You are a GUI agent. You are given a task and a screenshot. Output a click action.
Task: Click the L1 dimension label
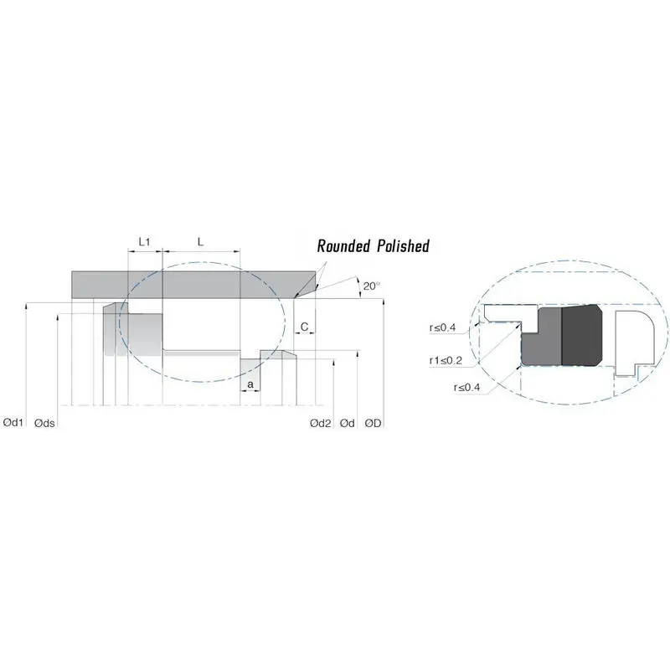coord(143,241)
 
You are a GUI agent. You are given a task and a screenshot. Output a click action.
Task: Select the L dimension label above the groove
coord(199,241)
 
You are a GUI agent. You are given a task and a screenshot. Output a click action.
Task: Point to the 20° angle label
coord(371,286)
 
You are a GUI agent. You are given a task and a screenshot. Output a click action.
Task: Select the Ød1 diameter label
coord(13,424)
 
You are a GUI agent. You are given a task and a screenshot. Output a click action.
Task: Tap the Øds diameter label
coord(45,424)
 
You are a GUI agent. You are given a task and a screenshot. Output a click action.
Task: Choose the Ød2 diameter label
coord(320,424)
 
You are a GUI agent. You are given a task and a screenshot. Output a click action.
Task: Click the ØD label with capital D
coord(373,424)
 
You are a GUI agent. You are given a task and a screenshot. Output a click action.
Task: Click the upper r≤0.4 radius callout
coord(442,327)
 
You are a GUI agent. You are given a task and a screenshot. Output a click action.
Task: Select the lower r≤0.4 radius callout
coord(465,388)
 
